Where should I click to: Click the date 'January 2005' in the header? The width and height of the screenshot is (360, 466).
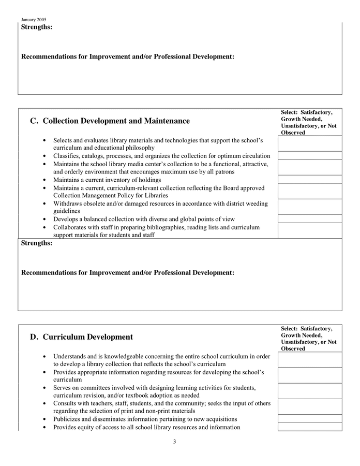(x=34, y=20)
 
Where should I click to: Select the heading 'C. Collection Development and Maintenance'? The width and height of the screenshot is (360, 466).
(x=110, y=121)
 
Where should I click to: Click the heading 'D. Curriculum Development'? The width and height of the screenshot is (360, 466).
(x=81, y=337)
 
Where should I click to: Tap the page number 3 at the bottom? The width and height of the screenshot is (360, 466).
(x=174, y=442)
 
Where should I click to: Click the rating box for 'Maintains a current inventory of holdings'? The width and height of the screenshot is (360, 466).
(x=309, y=180)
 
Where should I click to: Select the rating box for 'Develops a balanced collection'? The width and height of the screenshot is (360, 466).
(x=309, y=219)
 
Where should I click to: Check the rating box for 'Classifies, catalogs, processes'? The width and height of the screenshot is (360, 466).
(x=309, y=156)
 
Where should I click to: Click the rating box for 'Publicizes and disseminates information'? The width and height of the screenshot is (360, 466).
(x=309, y=419)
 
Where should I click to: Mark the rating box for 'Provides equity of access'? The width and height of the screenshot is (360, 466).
(x=309, y=427)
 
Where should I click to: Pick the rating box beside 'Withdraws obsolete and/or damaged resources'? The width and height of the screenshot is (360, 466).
(x=309, y=207)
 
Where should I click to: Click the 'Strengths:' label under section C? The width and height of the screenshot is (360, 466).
(x=37, y=243)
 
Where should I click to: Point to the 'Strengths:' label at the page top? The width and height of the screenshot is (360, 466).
(x=37, y=27)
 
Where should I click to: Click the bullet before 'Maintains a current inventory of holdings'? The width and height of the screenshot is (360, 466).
(x=46, y=180)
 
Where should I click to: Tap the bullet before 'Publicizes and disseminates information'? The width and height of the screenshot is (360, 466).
(x=46, y=419)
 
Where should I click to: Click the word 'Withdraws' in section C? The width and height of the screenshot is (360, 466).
(x=67, y=203)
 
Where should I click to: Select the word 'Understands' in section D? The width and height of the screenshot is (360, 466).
(x=70, y=356)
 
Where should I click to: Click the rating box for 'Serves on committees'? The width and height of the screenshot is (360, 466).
(x=309, y=391)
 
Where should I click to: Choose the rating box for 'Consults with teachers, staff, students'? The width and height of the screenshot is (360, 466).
(x=309, y=407)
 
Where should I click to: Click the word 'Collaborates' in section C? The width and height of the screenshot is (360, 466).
(x=70, y=227)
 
